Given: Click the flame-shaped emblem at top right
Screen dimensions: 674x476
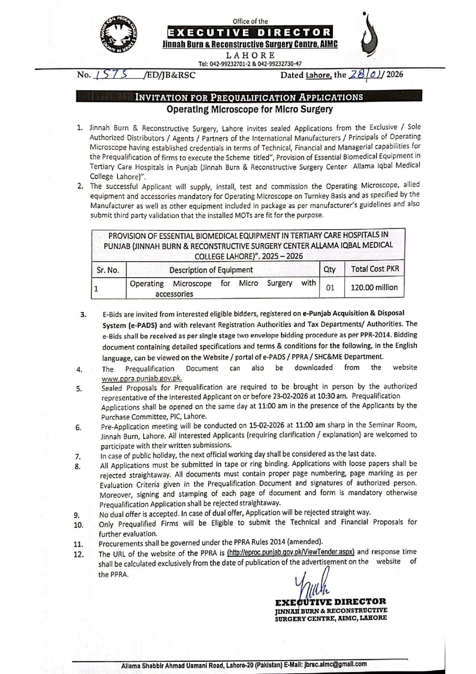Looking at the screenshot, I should point(369,36).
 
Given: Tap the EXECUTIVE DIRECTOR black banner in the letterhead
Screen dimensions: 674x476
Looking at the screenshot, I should point(250,32).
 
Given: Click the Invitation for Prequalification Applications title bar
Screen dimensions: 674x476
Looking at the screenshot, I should point(249,97).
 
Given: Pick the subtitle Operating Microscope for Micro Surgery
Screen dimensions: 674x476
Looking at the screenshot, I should point(249,110).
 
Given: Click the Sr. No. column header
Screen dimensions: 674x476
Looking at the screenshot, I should point(108,270).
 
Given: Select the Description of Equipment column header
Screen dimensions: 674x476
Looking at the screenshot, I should point(211,270).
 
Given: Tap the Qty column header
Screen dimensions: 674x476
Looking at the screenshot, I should point(330,269).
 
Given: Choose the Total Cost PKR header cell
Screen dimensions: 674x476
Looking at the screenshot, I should point(375,269).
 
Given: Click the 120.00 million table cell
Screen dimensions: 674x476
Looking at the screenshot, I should point(375,287).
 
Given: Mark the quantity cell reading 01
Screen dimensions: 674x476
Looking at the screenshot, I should point(330,288).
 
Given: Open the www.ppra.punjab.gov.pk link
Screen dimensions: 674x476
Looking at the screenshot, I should point(142,378).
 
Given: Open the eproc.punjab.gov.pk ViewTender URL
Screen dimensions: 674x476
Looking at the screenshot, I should point(291,552).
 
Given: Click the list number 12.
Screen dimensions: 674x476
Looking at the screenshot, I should point(79,554).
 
